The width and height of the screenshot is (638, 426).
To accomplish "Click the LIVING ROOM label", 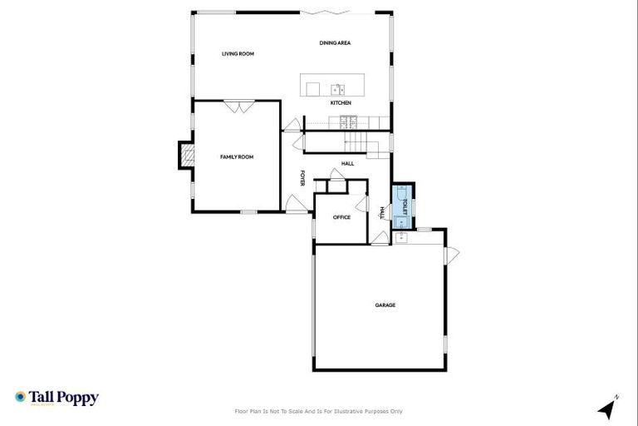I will coord(238,54).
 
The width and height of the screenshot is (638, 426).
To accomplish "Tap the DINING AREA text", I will coord(334,42).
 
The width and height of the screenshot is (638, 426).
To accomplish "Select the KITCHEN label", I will coord(341,103).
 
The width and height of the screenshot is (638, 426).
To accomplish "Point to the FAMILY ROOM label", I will coord(236,156).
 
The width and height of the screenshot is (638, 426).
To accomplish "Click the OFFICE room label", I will coord(341,217).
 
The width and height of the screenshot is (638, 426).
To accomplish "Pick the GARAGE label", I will coord(385,305).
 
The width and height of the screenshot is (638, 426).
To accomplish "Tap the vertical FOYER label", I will coord(303,178).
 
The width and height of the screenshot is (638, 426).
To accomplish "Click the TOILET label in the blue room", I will coord(405,207).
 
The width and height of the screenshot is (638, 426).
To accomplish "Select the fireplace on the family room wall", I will coord(186,155).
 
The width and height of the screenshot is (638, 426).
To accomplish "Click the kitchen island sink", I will coord(338,88).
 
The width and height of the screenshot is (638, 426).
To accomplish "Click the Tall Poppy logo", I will coord(56,398).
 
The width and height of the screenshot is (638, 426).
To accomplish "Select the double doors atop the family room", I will coord(239,106).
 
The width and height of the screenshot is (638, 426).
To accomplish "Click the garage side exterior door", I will coord(452,255).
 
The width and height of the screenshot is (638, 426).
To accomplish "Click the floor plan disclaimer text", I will coord(319,411).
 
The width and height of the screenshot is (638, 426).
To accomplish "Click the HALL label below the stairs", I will coord(347,163).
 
